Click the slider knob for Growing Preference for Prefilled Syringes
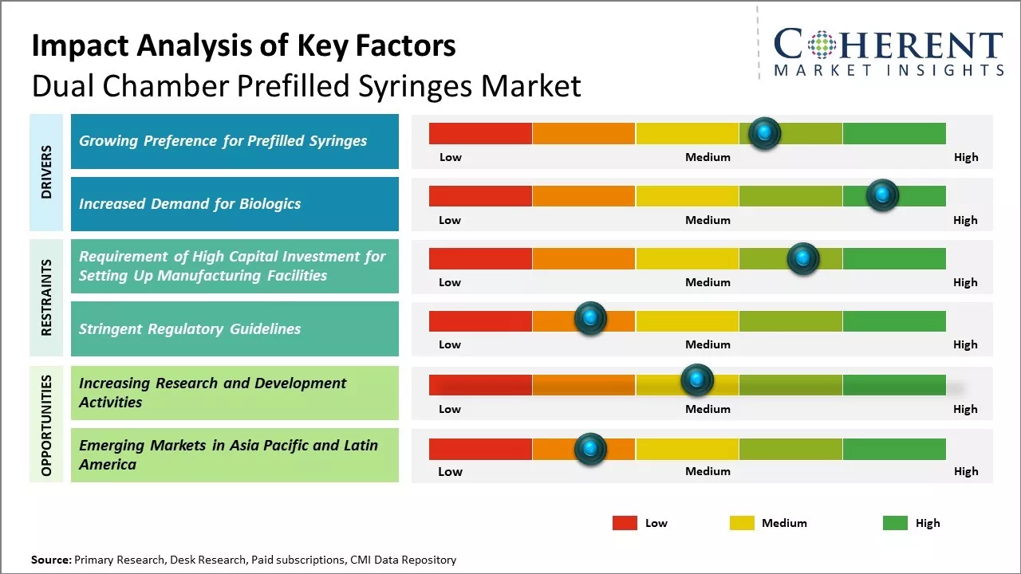(x=765, y=133)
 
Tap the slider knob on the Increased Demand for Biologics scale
(x=882, y=195)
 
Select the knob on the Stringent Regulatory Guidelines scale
(x=590, y=319)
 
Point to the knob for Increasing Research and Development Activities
(x=697, y=379)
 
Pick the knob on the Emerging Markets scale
(x=590, y=449)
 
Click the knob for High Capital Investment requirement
(x=803, y=258)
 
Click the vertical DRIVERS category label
(x=46, y=172)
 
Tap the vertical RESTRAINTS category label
(x=46, y=297)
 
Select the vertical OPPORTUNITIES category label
(x=46, y=425)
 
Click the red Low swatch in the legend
(x=625, y=523)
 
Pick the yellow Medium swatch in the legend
(x=742, y=523)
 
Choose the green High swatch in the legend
(x=895, y=523)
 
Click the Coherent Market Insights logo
(x=889, y=52)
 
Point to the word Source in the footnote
(x=50, y=560)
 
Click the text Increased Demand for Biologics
(x=190, y=203)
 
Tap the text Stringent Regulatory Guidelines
(x=190, y=328)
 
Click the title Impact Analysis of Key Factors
(x=243, y=45)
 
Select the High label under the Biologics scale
(x=965, y=220)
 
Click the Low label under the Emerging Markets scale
(x=450, y=471)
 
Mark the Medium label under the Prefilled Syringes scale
(x=708, y=157)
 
